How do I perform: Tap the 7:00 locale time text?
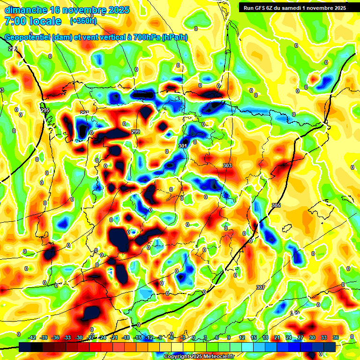coord(32,21)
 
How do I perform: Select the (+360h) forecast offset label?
coord(83,21)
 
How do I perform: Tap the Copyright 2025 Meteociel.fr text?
coord(199,356)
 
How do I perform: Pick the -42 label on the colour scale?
coord(32,337)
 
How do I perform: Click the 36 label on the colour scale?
coord(335,337)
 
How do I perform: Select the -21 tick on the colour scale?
coord(114,337)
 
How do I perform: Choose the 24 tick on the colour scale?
coord(288,337)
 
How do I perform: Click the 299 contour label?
coord(136,132)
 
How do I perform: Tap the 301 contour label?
coord(183,146)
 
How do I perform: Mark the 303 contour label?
coord(227,165)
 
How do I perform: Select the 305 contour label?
coord(276,206)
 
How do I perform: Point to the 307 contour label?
coord(261,287)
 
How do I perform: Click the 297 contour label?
coord(84,113)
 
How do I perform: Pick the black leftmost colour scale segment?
coord(26,347)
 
